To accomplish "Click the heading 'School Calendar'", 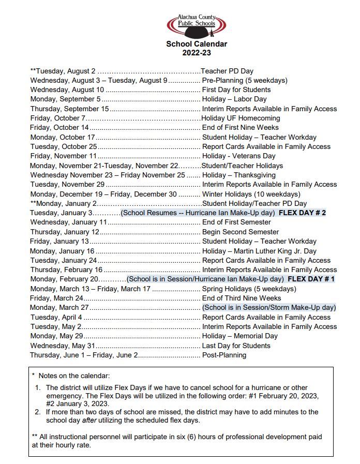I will coord(197,44).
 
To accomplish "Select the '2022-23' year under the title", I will coord(197,53).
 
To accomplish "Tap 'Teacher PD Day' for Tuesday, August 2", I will coord(227,71).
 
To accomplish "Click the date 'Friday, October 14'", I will coord(59,127).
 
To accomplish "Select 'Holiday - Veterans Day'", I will coord(239,156).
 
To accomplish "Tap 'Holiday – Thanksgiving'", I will coord(238,175).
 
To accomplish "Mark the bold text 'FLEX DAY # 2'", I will coord(302,213).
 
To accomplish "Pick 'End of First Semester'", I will coord(236,222).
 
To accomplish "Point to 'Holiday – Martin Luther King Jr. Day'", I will coord(259,250).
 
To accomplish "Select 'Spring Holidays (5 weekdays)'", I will coord(249,289).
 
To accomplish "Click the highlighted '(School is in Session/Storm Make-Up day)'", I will coord(269,307).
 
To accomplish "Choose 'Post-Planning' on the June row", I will coord(224,355).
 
